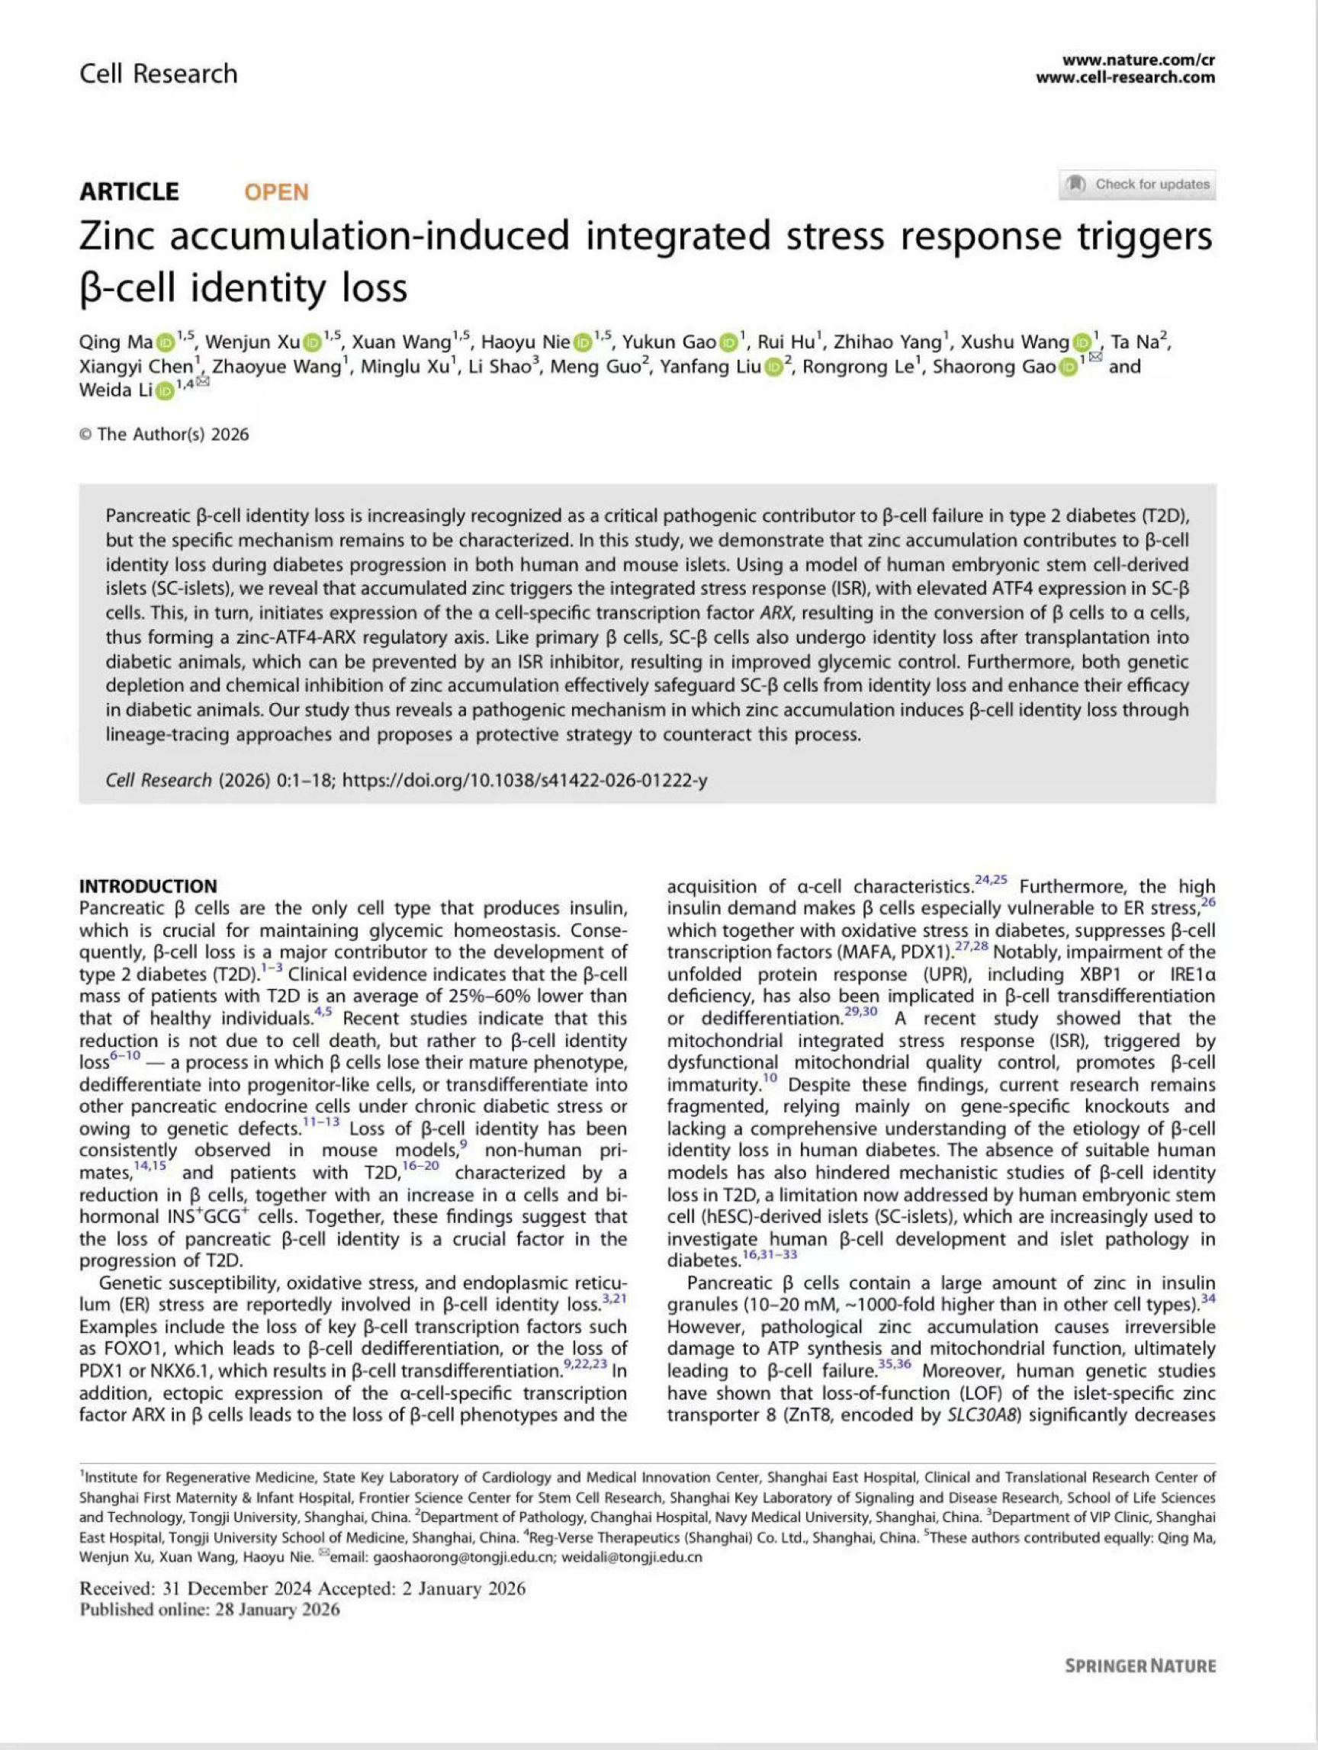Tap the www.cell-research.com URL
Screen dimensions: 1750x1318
coord(1124,77)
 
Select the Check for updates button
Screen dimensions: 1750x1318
coord(1136,185)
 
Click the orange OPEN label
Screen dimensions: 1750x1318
coord(276,192)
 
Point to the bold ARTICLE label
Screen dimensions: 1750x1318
coord(129,192)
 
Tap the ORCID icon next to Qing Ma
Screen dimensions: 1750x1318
coord(165,342)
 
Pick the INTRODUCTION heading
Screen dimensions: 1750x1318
coord(148,886)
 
